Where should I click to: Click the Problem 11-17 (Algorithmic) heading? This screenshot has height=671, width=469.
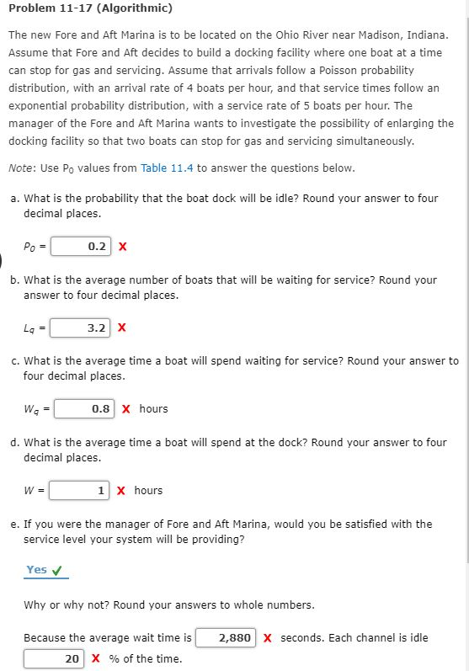click(90, 8)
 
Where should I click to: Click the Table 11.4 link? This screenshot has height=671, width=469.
click(167, 168)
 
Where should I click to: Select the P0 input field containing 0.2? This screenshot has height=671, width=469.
click(83, 247)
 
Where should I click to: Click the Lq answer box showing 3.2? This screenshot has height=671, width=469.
click(83, 328)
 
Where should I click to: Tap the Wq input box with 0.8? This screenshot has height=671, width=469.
click(88, 409)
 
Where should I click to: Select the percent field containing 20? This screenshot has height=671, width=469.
click(54, 659)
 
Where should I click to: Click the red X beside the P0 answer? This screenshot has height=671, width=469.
click(123, 247)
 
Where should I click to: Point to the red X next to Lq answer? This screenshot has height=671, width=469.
click(122, 328)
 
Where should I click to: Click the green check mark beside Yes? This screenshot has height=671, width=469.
click(57, 570)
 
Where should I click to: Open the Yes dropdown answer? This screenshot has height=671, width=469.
click(37, 570)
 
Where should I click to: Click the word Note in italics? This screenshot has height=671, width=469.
click(22, 168)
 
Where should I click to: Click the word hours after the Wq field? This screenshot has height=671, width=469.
click(153, 409)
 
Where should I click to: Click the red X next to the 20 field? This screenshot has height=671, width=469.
click(96, 659)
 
